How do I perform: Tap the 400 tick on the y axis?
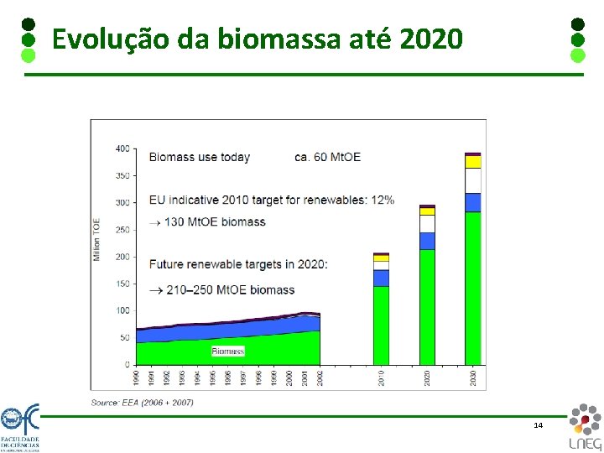click(122, 149)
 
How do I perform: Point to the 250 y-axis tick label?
click(122, 230)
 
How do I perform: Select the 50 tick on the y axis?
click(125, 337)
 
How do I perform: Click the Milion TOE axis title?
click(97, 240)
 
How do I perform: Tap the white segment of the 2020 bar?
click(427, 224)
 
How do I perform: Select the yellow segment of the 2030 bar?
click(473, 162)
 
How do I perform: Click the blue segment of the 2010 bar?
click(381, 278)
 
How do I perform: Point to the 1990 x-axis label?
click(138, 377)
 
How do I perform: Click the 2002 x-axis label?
click(320, 377)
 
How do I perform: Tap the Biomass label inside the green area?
click(228, 351)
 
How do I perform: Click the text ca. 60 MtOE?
click(327, 157)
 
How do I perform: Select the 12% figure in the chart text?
click(383, 200)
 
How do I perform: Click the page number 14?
click(538, 425)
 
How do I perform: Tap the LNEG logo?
click(584, 427)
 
